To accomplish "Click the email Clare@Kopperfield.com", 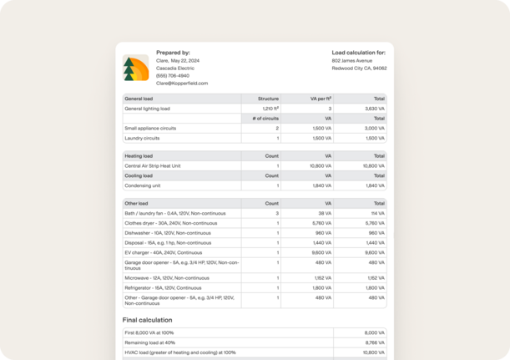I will coord(182,84).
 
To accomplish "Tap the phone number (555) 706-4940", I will coord(173,75).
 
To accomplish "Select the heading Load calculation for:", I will coord(359,53).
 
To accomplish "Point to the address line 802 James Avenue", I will coord(353,61).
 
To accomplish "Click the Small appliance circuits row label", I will coord(150,128).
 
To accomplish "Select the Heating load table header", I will coord(139,156).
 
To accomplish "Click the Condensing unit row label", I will coord(143,185).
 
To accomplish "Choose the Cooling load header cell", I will coord(139,175).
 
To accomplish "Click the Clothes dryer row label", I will coord(170,223).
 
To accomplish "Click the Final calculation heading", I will coord(148,320).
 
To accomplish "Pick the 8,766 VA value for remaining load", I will coord(374,342).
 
